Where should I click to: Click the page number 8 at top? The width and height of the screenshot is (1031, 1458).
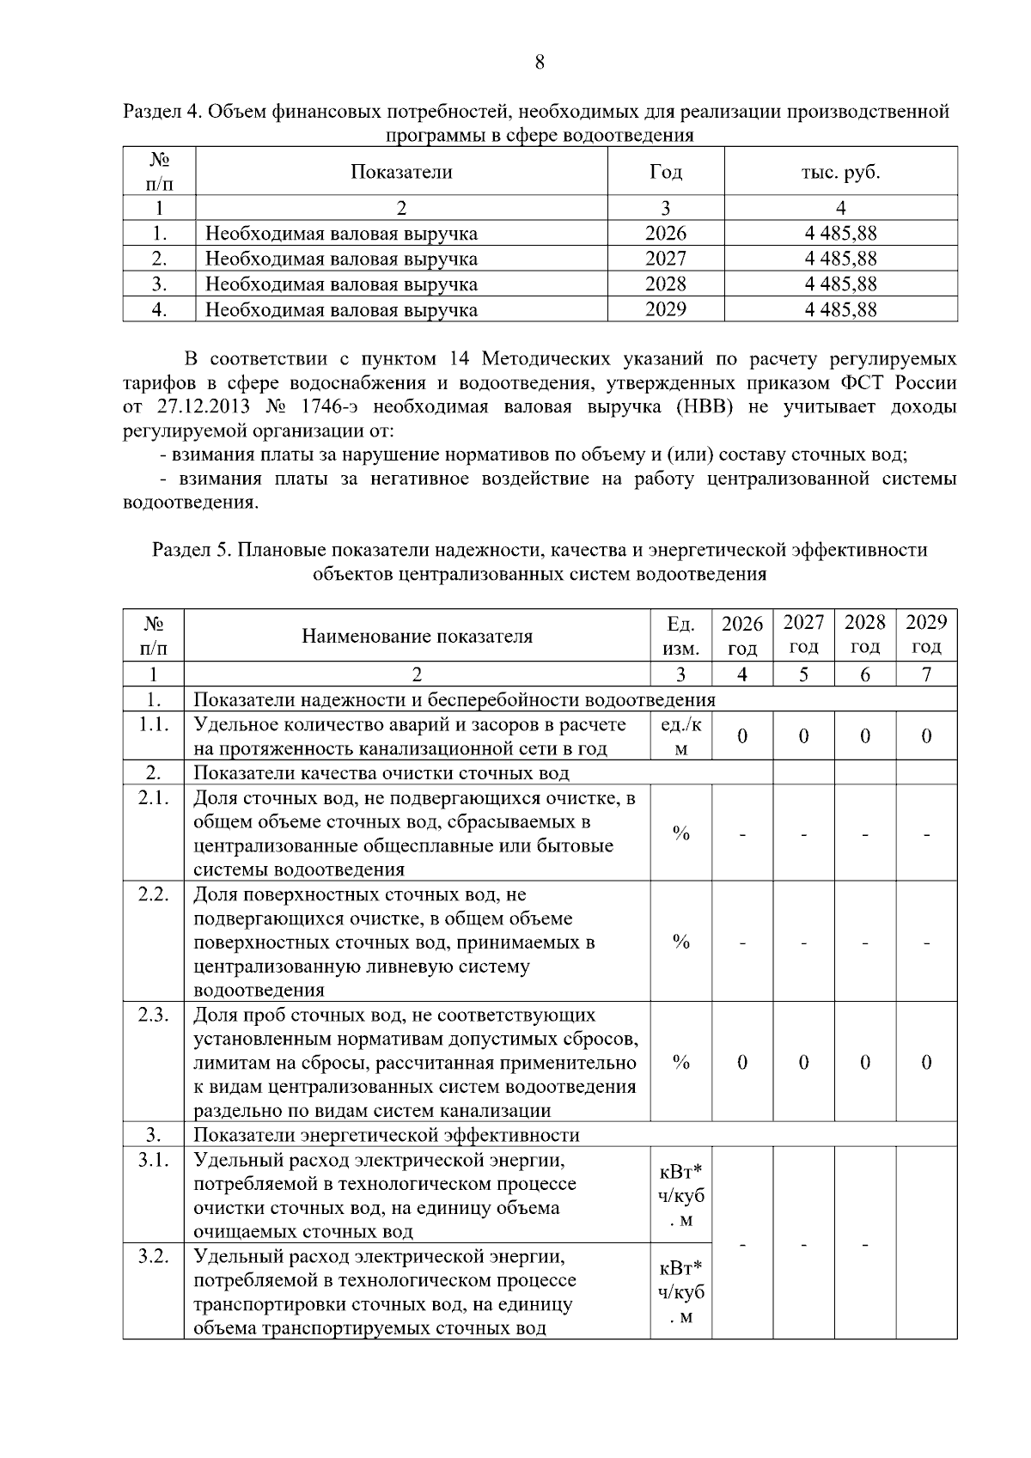[540, 62]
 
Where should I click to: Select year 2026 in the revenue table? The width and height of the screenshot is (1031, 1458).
[666, 233]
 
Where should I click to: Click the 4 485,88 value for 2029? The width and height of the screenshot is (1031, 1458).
[840, 309]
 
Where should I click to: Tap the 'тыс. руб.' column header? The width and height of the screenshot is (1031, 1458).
[840, 172]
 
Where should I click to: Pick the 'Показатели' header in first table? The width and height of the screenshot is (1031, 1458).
[401, 172]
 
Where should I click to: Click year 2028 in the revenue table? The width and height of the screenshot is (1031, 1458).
[666, 284]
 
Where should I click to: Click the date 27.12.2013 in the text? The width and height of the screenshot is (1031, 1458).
[200, 406]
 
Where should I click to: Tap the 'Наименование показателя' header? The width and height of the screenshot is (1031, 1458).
[417, 636]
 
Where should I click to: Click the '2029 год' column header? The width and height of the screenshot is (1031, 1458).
[926, 634]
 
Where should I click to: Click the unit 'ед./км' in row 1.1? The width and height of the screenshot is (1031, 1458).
[680, 736]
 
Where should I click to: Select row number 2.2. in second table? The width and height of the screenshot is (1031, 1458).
[153, 894]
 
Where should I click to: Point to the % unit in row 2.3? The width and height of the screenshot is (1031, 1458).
[680, 1063]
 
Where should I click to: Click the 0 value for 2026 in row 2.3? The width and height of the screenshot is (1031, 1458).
[742, 1063]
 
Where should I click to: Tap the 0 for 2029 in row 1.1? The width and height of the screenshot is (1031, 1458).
[926, 736]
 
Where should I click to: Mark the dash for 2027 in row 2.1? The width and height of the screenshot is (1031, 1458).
[803, 833]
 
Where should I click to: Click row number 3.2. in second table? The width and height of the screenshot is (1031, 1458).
[153, 1257]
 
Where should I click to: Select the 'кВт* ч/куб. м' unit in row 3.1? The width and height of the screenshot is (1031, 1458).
[680, 1196]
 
